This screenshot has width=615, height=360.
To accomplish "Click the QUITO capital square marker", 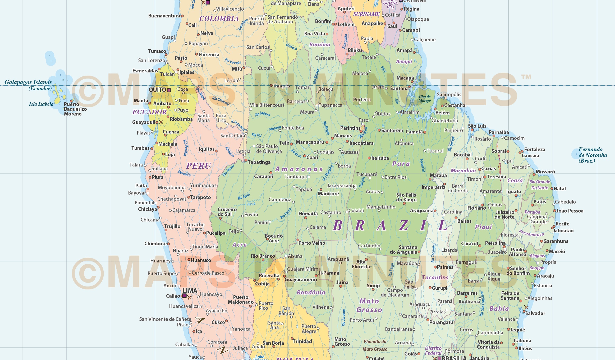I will point(169,90).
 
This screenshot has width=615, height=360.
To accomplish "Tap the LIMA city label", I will point(190,291).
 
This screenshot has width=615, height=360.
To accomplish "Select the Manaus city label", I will point(343,136).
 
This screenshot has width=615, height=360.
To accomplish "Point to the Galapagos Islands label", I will point(28,82).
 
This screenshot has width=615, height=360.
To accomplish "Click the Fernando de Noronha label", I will point(593,155).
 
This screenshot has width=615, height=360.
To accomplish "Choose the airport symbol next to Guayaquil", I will point(161,122).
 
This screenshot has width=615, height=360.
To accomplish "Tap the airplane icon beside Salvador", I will point(526,307).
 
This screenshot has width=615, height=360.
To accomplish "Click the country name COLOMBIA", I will point(219,19).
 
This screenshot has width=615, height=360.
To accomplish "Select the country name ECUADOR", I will point(149,112).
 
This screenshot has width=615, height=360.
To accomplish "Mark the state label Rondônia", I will point(311,292).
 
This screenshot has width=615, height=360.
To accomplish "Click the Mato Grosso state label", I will point(369,305).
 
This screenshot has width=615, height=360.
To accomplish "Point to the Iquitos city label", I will point(206,149).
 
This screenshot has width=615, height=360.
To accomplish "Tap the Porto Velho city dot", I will point(298,240).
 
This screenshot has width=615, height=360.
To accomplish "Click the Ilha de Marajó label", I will point(425,99).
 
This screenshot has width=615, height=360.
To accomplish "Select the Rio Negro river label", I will point(326,128).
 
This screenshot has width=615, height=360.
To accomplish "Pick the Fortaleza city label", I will point(534,150).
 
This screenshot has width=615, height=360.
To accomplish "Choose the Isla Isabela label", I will point(41,104).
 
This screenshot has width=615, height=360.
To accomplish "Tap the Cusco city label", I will point(218,322).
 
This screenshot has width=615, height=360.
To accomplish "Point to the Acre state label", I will point(239,245).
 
